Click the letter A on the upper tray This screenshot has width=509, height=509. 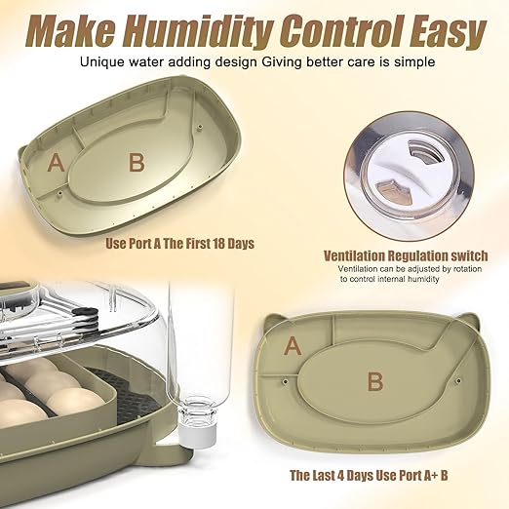56,164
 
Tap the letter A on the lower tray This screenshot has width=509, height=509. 292,344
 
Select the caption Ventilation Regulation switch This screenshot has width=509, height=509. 405,255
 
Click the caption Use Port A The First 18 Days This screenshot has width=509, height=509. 179,243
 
